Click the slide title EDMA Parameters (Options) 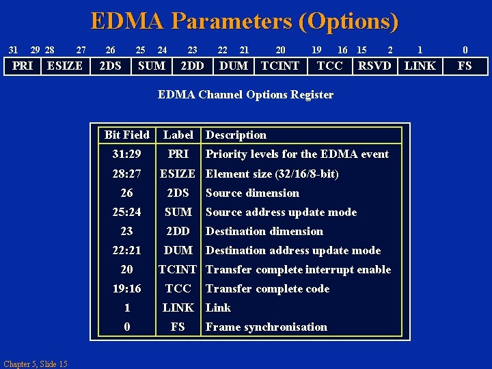[245, 21]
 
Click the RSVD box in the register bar [374, 66]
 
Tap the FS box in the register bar [465, 66]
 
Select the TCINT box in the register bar [280, 66]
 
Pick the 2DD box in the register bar [191, 66]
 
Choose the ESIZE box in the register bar [64, 66]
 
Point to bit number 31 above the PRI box [12, 50]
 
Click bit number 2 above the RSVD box [390, 50]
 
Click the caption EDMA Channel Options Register [245, 95]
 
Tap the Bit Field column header [127, 135]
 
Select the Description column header [236, 135]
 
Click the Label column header [178, 135]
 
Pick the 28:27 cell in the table [127, 174]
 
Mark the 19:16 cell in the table [127, 288]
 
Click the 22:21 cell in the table [127, 250]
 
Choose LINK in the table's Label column [178, 307]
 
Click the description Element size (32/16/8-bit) [272, 174]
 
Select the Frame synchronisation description [266, 327]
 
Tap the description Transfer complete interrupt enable [298, 269]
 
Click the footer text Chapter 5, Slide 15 [35, 364]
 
